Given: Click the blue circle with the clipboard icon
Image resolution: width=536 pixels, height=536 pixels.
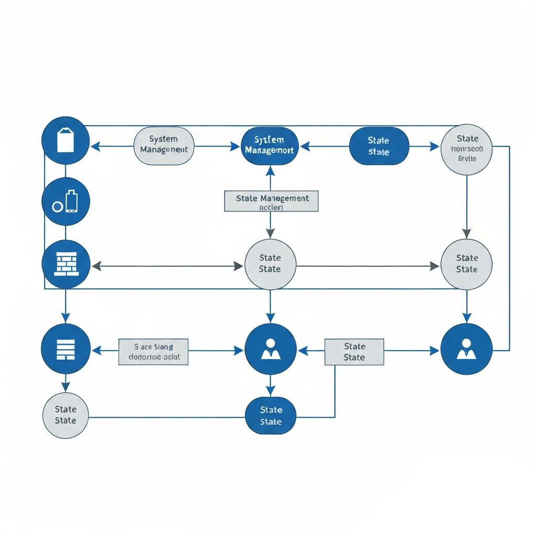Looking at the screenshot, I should pos(65,140).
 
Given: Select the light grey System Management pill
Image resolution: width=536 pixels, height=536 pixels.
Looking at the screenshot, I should pos(164,146).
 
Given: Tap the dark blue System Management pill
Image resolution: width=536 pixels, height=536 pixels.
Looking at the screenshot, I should pos(270,146).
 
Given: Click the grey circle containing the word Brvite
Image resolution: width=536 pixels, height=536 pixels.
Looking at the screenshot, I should pos(466,149).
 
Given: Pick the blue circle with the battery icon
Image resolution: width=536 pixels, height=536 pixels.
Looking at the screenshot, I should pos(65,202).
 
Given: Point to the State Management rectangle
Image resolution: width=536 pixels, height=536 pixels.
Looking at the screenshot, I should pos(271,202).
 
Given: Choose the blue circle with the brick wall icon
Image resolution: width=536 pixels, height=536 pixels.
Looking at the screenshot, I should pos(65,264).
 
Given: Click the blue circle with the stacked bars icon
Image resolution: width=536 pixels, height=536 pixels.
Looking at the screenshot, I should pos(65,349).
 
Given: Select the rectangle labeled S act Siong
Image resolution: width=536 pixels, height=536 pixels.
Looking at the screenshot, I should pos(153,352).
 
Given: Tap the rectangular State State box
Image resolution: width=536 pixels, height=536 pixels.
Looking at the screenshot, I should pos(354,352).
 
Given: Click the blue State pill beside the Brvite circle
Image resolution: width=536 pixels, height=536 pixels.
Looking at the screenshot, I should pos(378,146).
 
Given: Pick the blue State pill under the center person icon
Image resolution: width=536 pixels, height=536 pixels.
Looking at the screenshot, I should pos(271,416).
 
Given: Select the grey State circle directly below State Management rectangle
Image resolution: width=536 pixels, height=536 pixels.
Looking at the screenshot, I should pos(270,264).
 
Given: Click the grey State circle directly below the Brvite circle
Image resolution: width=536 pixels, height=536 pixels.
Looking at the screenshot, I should pos(466,264).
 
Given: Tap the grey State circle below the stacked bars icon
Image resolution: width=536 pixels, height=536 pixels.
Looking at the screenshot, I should pos(65,415).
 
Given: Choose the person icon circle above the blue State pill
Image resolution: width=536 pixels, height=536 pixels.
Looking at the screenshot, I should pos(270,349).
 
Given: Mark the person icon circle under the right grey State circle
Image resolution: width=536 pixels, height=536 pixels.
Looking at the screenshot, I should pos(466,349).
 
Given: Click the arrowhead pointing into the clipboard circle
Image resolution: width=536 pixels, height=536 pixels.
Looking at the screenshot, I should pos(95,147).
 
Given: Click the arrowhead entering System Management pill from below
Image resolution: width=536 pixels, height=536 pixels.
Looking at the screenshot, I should pos(270,170).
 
